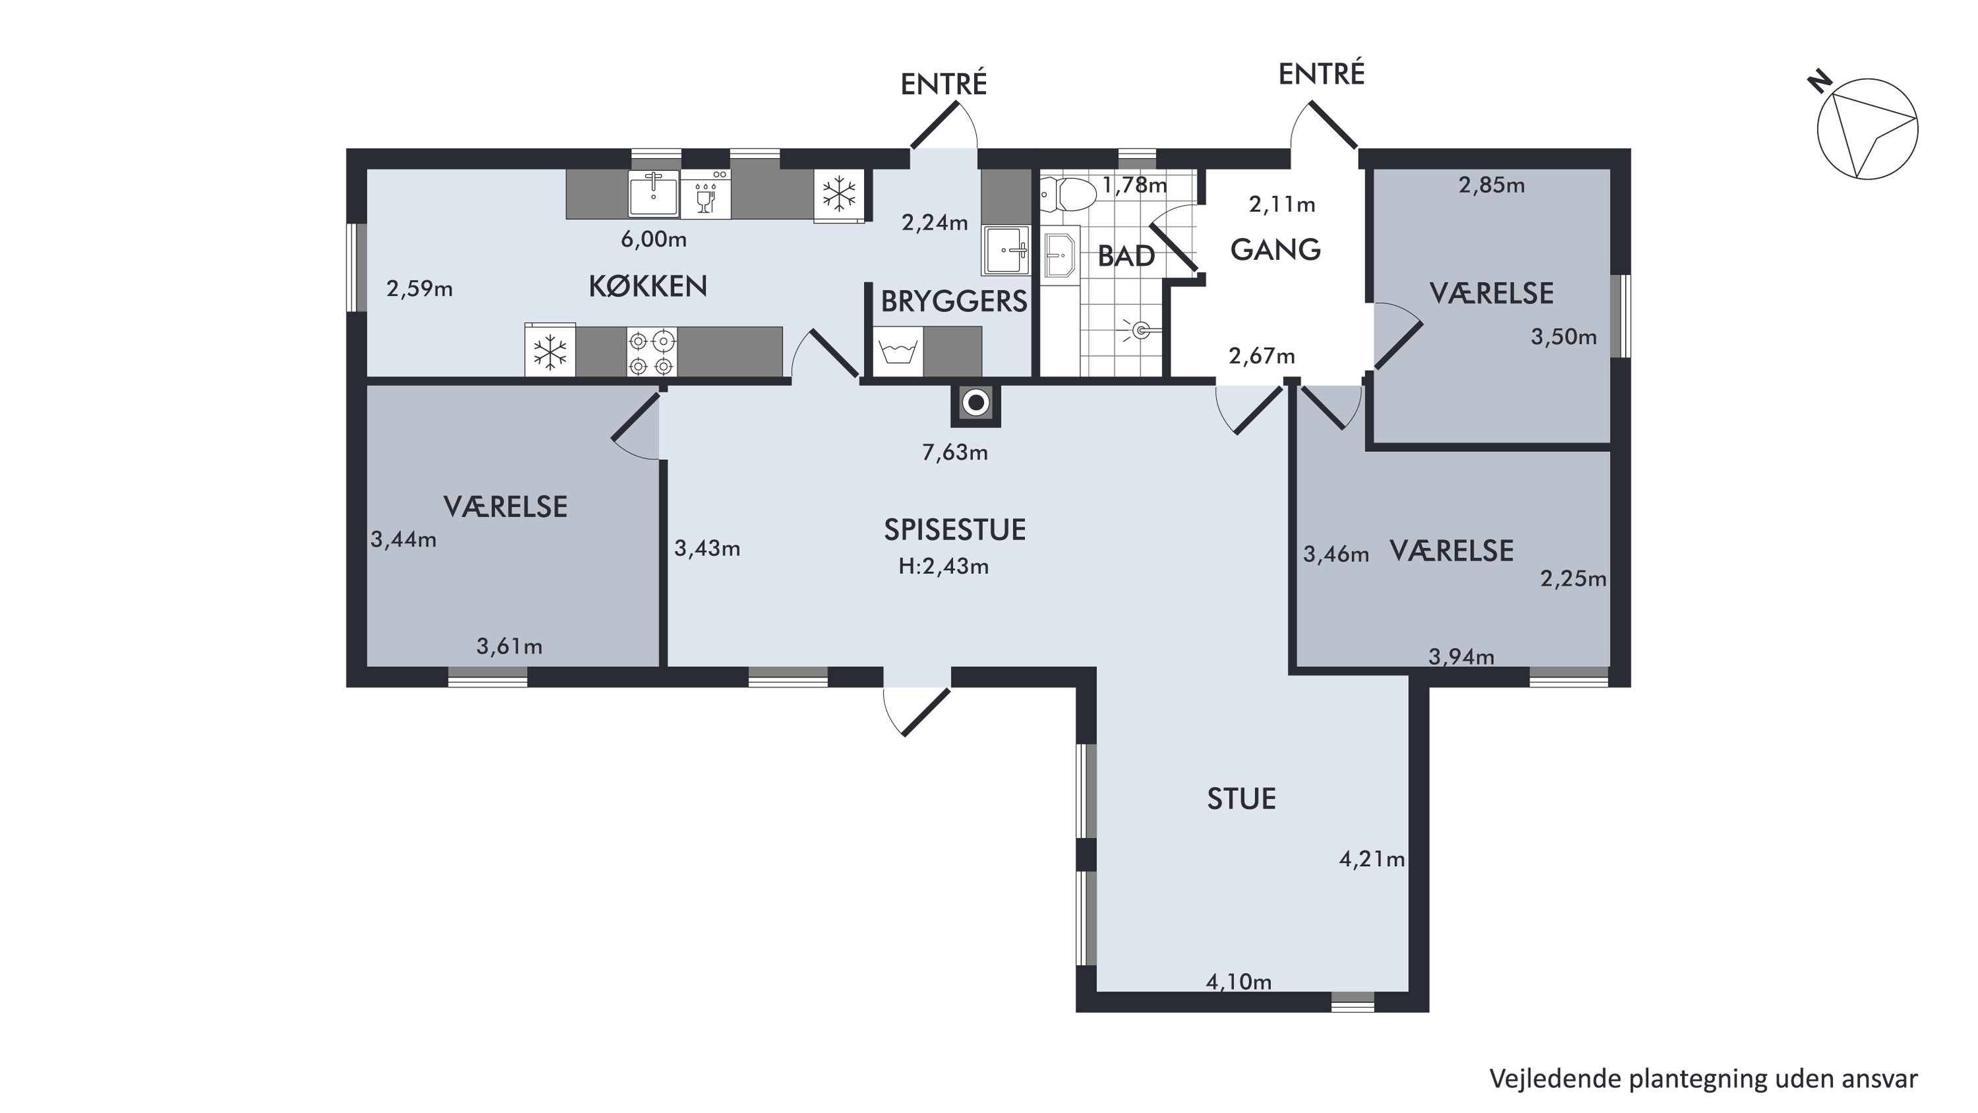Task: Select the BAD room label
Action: tap(1126, 257)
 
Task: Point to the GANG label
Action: tap(1276, 249)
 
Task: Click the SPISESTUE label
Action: tap(954, 530)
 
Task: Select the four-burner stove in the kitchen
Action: tap(652, 352)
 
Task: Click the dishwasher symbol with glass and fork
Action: tap(706, 195)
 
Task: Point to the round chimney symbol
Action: tap(976, 402)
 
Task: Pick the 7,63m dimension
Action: tap(954, 453)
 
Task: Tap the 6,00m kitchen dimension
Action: tap(654, 239)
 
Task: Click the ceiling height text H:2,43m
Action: tap(944, 567)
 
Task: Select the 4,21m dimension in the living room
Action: tap(1372, 860)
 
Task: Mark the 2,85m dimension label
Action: tap(1491, 185)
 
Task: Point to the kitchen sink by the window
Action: tap(654, 195)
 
